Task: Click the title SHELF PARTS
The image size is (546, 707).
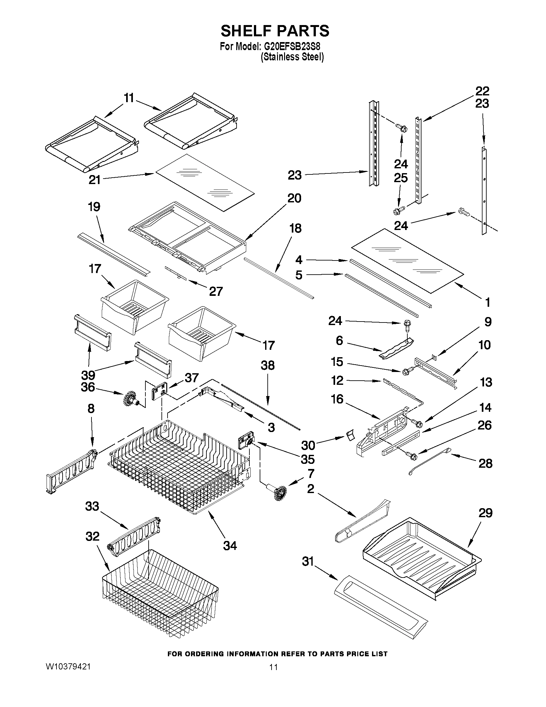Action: [x=275, y=31]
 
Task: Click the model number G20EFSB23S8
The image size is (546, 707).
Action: [x=293, y=47]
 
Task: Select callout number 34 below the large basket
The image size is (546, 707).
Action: [x=230, y=545]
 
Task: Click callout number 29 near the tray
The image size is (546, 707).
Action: [x=485, y=513]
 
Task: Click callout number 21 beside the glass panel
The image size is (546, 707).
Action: [x=95, y=180]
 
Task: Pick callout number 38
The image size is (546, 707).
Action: [x=267, y=366]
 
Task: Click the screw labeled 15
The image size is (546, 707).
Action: [x=407, y=371]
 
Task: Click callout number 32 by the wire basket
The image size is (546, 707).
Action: [x=92, y=536]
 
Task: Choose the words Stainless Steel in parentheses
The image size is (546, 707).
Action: [x=293, y=57]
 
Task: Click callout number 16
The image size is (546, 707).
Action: [x=337, y=399]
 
